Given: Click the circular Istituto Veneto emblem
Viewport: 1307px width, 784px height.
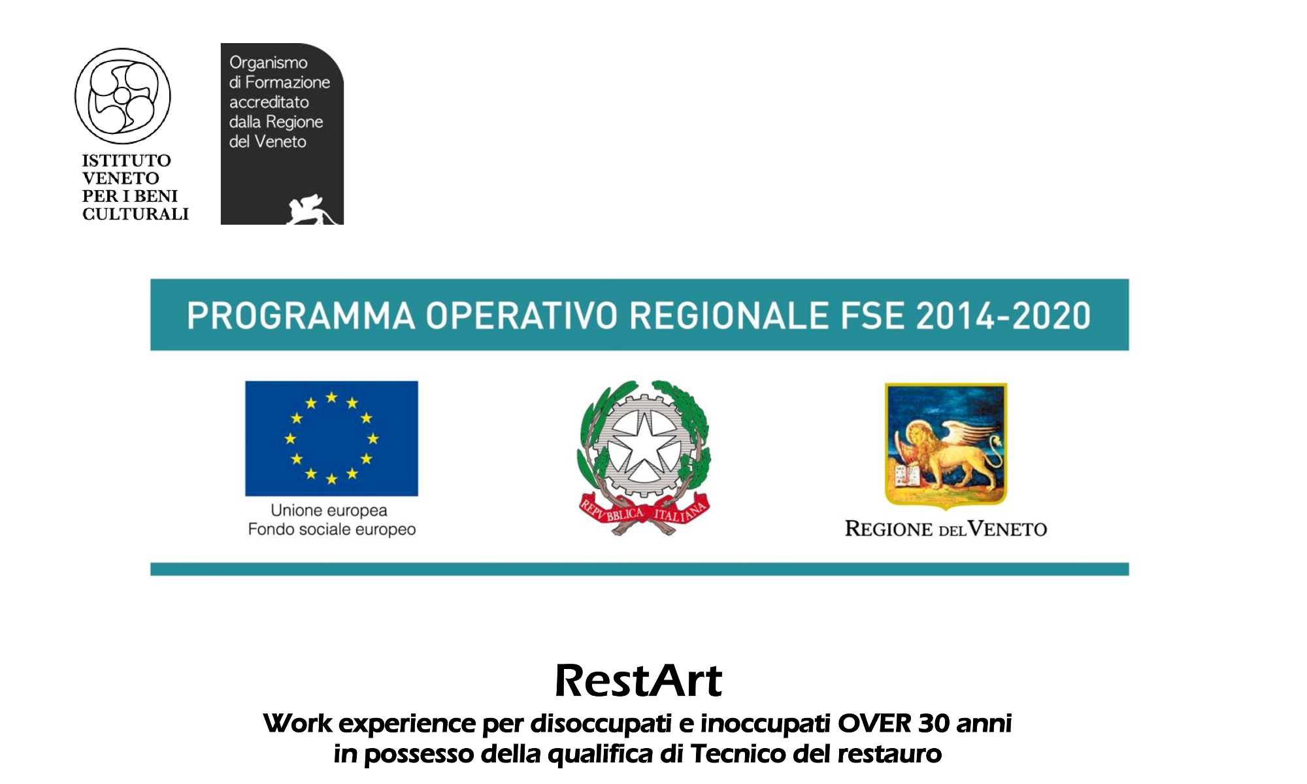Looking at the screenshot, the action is (122, 96).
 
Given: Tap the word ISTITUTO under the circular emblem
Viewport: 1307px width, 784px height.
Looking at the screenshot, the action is (127, 161).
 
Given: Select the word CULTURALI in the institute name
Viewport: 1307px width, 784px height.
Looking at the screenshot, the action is (135, 214).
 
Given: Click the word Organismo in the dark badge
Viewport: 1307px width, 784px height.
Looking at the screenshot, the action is (269, 63).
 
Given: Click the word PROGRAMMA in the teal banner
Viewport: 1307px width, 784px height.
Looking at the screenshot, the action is (301, 316).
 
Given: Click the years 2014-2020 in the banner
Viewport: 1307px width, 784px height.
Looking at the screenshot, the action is (1003, 316).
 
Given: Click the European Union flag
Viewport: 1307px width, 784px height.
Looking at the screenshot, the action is (331, 438).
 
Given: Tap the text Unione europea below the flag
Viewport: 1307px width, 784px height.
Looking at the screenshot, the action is (329, 510).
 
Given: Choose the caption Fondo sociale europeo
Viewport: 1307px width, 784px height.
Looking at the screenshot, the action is (332, 529).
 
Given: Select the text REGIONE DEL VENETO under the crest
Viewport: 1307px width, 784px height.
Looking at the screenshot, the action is (946, 529).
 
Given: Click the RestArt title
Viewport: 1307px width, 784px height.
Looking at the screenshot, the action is (638, 681).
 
